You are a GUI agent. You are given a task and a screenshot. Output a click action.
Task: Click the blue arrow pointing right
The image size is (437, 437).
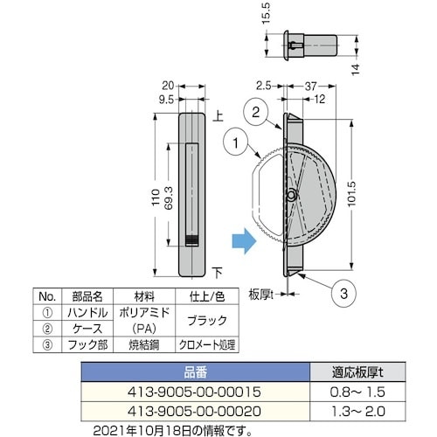tap(244, 241)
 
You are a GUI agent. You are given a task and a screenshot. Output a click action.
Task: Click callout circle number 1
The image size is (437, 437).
tap(235, 142)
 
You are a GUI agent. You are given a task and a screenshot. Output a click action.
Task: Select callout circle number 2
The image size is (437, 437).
tap(255, 112)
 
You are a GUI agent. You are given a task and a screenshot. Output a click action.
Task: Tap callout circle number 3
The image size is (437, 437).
tap(343, 294)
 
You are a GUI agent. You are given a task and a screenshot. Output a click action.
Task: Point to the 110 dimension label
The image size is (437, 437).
tap(156, 198)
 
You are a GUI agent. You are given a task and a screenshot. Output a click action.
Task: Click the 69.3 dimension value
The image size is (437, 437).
tap(169, 198)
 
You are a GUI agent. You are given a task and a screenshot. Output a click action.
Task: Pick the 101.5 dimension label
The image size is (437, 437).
tap(352, 194)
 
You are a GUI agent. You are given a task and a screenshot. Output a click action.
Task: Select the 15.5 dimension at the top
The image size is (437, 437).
tap(267, 13)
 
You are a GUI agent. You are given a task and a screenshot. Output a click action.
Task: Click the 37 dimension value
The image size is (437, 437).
tap(310, 87)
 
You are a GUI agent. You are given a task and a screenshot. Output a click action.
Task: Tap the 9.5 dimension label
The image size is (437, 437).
tap(166, 100)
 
